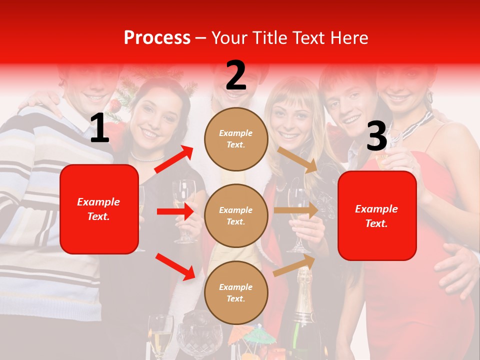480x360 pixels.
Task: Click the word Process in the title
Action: pos(157,38)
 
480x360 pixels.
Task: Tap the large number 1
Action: pos(99,128)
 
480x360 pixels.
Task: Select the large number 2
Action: pos(236,75)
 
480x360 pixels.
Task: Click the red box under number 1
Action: pos(99,209)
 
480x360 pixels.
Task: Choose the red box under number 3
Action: pos(377,216)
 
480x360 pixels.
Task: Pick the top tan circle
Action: pos(236,139)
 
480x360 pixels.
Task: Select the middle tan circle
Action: pos(236,215)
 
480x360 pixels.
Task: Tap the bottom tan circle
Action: pos(236,292)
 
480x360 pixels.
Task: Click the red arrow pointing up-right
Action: pos(174,159)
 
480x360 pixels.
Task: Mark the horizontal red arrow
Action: pos(175,211)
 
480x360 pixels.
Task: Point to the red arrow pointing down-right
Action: pos(175,266)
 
